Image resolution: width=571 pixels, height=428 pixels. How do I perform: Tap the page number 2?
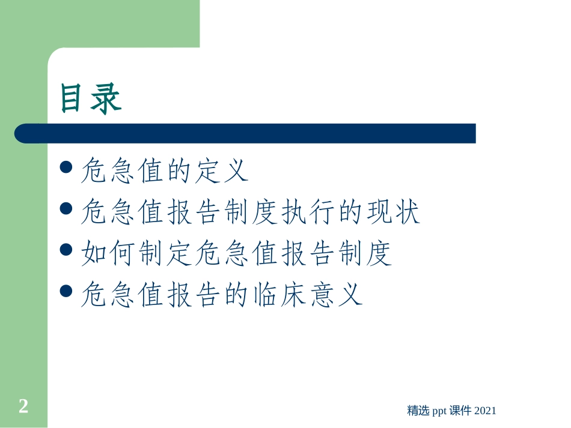(23, 406)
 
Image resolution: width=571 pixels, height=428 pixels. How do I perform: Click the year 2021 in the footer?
(485, 411)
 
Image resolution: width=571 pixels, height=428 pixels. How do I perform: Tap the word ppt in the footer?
(441, 411)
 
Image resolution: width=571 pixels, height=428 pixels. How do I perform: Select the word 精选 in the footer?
(418, 411)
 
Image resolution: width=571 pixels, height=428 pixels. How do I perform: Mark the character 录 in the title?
(107, 98)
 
